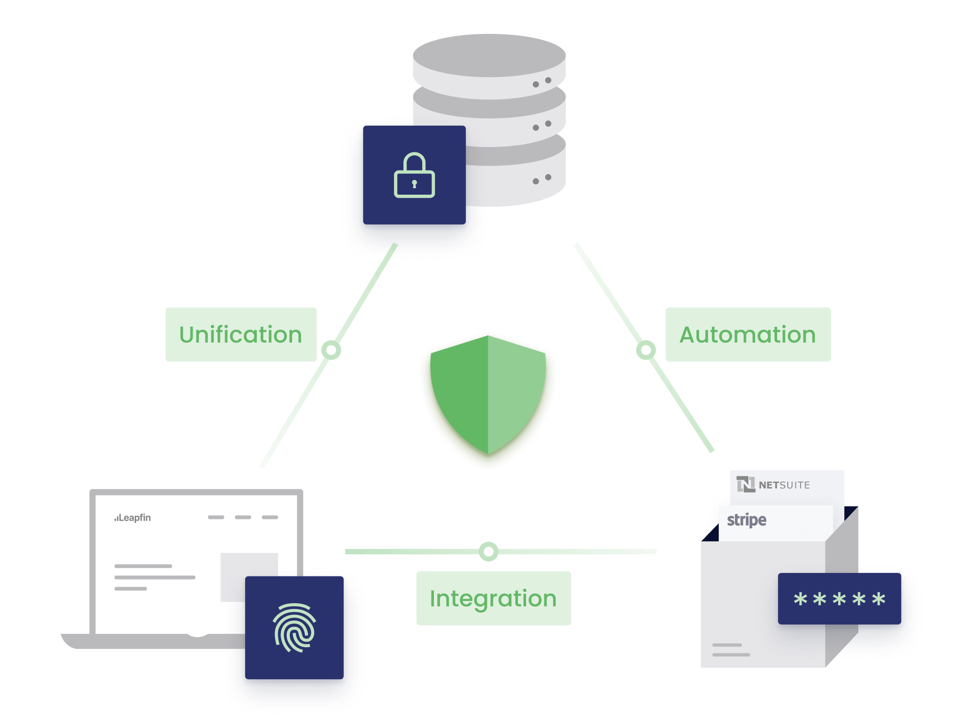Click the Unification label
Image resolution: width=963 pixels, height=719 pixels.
tap(241, 335)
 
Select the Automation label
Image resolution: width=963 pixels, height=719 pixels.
tap(748, 335)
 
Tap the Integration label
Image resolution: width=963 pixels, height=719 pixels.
tap(493, 598)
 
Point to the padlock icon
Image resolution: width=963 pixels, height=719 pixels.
tap(414, 176)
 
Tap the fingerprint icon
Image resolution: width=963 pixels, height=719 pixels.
tap(294, 627)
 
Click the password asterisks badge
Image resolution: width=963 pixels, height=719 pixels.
tap(840, 599)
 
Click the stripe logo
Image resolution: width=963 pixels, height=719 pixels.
tap(747, 520)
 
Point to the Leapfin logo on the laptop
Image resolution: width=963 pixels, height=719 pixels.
tap(133, 518)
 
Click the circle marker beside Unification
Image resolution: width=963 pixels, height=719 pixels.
tap(331, 350)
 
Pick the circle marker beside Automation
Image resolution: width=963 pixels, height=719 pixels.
tap(645, 350)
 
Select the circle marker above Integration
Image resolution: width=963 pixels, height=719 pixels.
tap(488, 552)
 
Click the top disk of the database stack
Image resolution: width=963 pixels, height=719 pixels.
tap(489, 56)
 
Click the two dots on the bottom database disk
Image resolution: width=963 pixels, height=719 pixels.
tap(542, 179)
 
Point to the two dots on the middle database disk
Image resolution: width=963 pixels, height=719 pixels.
tap(542, 126)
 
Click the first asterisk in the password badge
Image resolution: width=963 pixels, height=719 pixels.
tap(801, 599)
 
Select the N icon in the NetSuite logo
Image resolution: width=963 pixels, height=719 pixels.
tap(745, 484)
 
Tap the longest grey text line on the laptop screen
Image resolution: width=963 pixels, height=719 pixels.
tap(155, 577)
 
